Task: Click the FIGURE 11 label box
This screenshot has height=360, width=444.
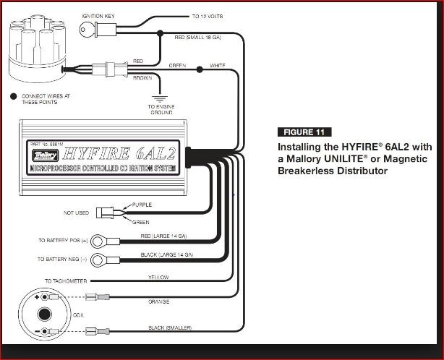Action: pyautogui.click(x=304, y=132)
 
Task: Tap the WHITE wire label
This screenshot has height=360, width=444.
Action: pyautogui.click(x=218, y=66)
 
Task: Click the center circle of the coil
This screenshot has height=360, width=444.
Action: pyautogui.click(x=44, y=314)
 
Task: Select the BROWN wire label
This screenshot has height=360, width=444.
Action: pyautogui.click(x=143, y=77)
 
